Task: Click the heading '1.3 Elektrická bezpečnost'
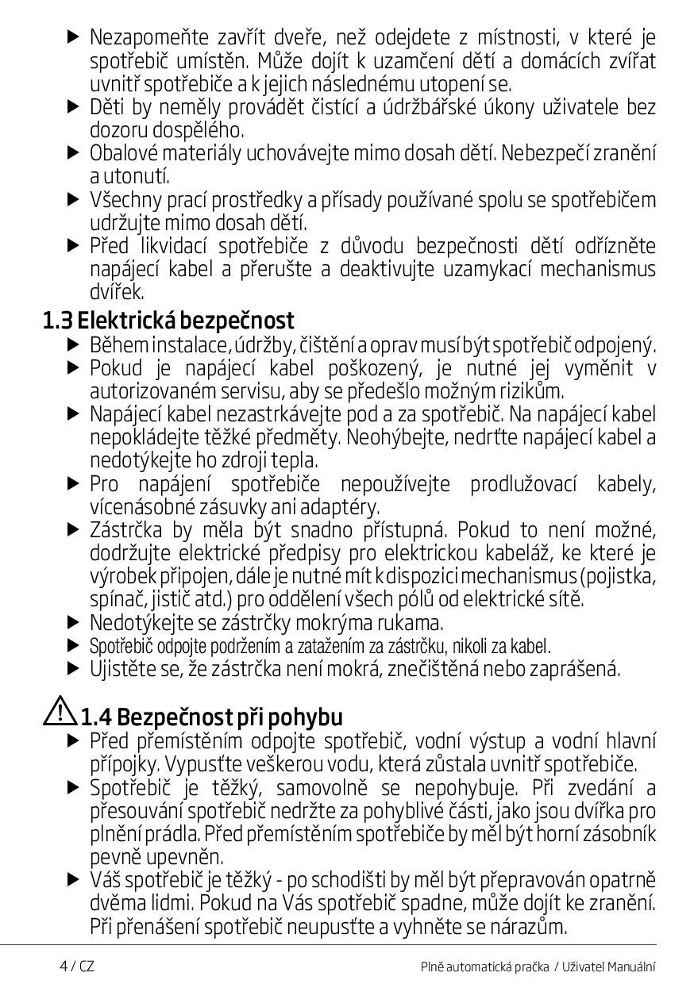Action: click(x=168, y=321)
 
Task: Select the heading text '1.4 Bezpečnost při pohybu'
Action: click(x=211, y=717)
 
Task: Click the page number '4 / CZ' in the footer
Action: click(x=77, y=966)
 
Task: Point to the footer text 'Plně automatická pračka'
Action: click(x=484, y=967)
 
